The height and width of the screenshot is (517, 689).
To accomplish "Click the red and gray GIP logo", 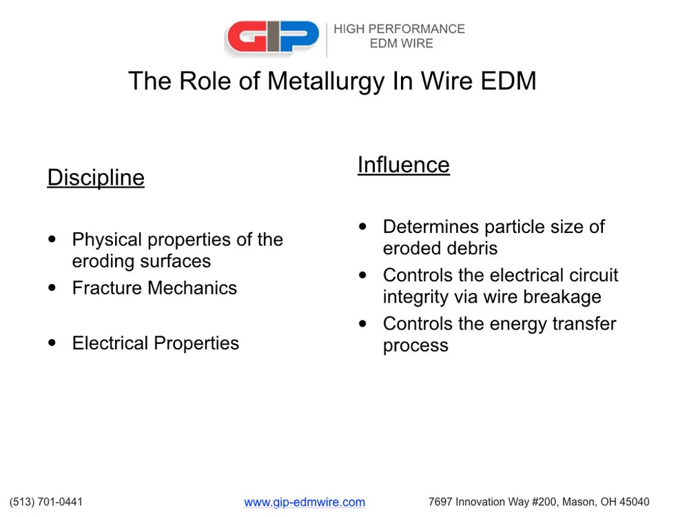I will coord(272,38).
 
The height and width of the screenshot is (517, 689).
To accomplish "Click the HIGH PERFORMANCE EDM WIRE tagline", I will coord(400,36).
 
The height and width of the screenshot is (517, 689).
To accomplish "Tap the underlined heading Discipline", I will coord(96,178).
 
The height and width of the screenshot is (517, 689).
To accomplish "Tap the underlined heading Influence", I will coord(403,165).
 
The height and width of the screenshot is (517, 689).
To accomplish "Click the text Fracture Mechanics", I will coord(154,288).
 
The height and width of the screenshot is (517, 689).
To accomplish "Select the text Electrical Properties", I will coord(155,343).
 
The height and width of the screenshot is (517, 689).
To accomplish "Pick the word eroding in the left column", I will coord(103,261).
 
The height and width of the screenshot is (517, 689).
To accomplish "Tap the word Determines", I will coord(431,227).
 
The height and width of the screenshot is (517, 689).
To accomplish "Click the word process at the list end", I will coord(415,345).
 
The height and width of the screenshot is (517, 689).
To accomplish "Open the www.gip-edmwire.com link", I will coord(305,503).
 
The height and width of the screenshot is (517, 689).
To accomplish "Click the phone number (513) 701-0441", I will coord(46,502).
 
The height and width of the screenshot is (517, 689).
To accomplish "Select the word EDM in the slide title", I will coord(508,81).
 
